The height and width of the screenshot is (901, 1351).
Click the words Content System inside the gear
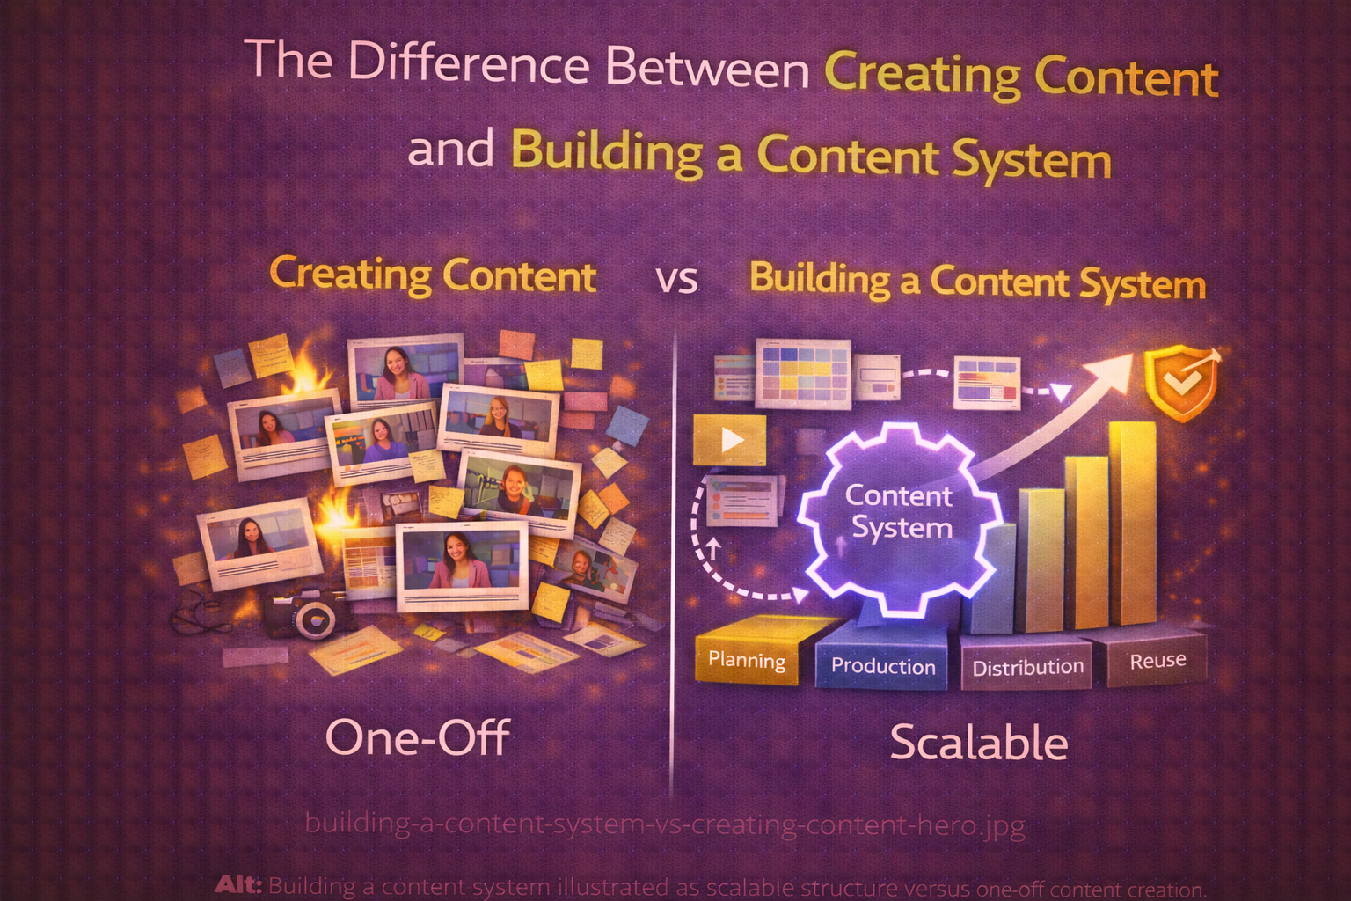click(x=900, y=511)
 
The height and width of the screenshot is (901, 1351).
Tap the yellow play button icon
click(x=730, y=439)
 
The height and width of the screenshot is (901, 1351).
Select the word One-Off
click(x=417, y=737)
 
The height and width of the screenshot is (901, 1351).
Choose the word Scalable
click(x=979, y=743)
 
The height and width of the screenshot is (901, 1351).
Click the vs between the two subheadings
click(x=677, y=281)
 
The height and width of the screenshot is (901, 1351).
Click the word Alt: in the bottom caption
click(x=238, y=885)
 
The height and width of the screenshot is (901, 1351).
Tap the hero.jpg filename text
click(x=664, y=824)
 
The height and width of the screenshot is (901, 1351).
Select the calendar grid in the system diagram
click(x=804, y=372)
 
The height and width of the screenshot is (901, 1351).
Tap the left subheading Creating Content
click(x=433, y=275)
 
